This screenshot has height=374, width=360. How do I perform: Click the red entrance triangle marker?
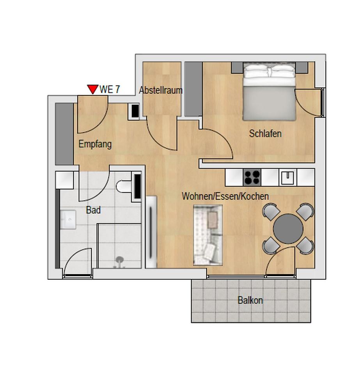92,90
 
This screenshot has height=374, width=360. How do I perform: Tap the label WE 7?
110,89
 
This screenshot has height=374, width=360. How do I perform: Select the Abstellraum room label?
161,90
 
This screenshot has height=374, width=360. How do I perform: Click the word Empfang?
95,144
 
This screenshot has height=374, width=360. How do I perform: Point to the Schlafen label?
265,134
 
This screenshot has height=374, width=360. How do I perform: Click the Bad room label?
93,210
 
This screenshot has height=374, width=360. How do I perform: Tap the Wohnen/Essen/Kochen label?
225,196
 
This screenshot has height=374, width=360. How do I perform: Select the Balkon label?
250,300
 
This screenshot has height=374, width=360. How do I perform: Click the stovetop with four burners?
252,178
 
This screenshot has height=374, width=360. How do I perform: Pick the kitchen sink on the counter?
288,178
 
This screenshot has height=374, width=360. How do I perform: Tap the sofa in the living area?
208,235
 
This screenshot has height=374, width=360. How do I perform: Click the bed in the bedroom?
269,93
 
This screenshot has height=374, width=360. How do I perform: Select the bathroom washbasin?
68,219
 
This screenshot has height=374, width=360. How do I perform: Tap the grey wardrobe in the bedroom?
193,89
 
